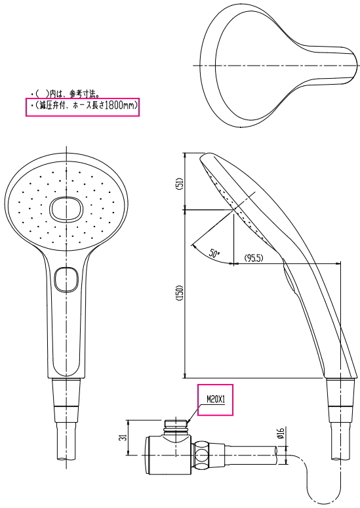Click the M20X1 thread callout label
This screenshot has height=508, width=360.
[x=216, y=398]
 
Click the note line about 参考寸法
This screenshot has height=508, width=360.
[x=65, y=94]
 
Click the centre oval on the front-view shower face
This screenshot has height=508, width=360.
[x=66, y=209]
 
